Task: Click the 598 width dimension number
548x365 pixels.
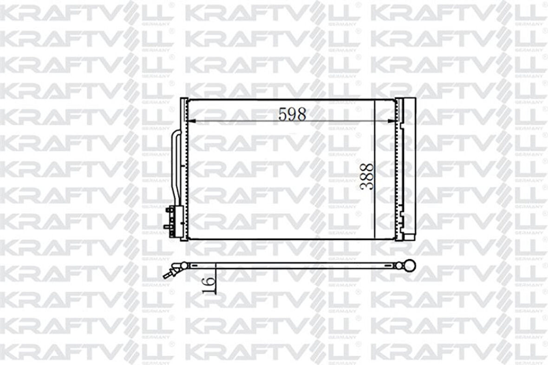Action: tap(292, 114)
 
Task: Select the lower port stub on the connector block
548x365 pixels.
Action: tap(166, 227)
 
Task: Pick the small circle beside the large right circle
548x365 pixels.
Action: tap(399, 265)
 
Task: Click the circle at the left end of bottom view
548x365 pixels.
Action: tap(184, 265)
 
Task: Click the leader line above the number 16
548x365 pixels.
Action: tap(217, 274)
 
